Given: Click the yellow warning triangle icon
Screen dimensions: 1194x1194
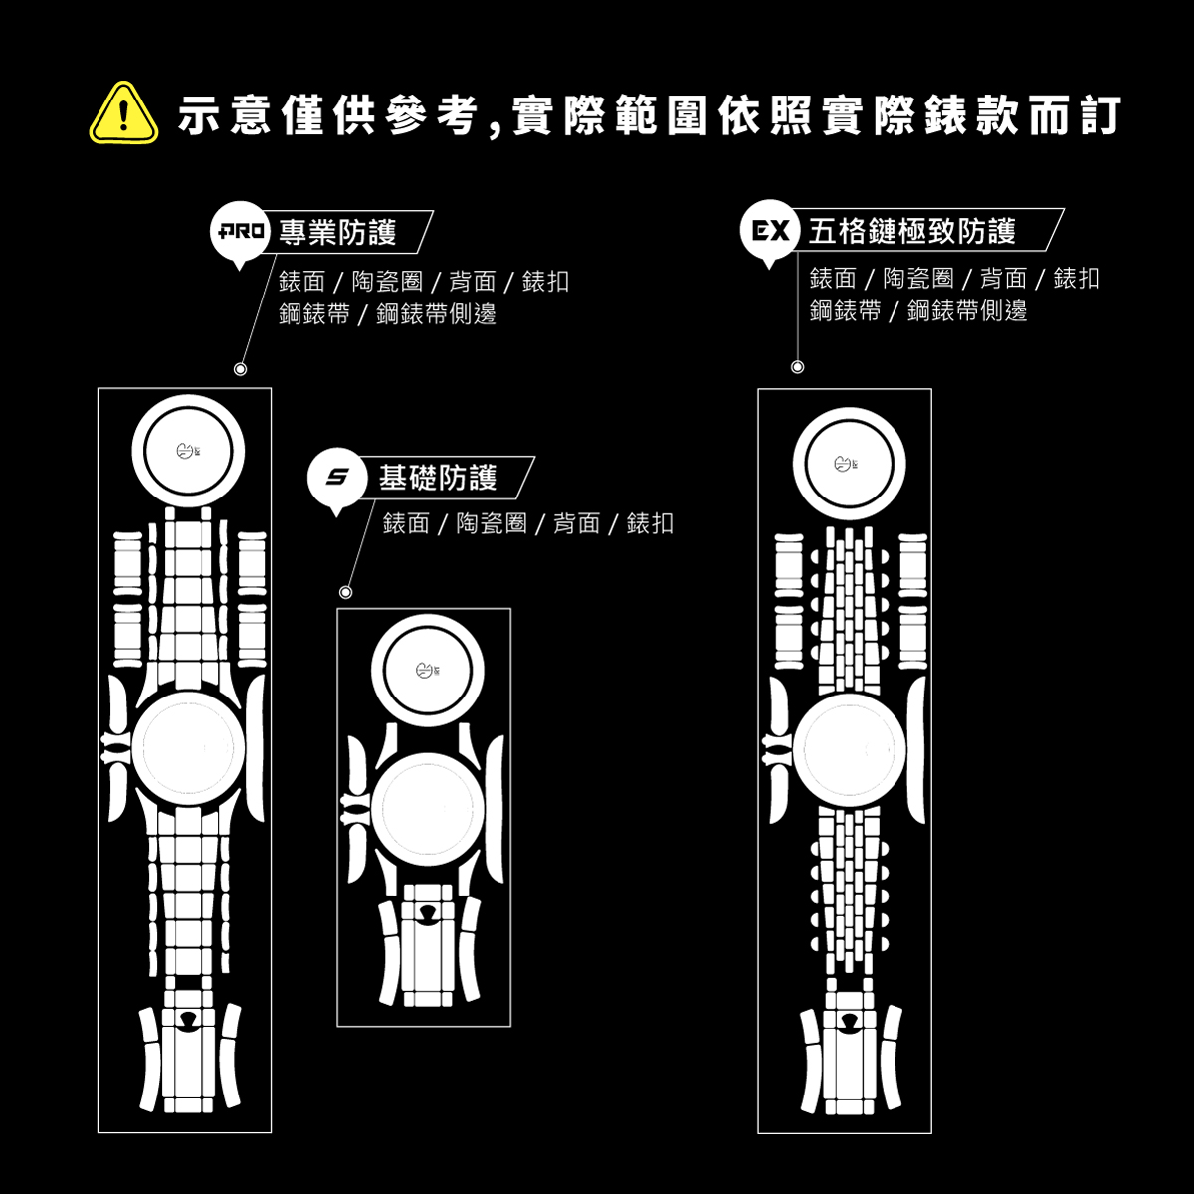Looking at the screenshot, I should point(123,114).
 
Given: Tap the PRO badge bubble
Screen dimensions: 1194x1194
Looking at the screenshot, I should point(240,234).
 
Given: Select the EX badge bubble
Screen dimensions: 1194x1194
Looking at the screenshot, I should point(769,233).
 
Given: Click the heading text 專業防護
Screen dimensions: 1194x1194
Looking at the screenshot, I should point(337,233).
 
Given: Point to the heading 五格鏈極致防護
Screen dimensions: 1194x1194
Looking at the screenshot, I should point(911,232).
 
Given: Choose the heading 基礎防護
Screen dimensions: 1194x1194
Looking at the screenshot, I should point(437,478).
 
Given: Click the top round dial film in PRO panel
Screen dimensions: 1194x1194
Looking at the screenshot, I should point(188,451).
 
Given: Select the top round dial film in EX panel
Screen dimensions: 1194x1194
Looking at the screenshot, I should point(849,464).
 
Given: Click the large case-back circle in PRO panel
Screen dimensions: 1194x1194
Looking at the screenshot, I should point(188,747).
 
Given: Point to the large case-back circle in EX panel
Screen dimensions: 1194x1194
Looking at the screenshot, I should point(849,747).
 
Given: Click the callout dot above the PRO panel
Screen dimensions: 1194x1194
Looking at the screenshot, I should point(240,369).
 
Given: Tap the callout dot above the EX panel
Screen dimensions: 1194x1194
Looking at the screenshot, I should point(797,367).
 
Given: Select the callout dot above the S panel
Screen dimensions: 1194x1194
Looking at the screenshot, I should point(345,592).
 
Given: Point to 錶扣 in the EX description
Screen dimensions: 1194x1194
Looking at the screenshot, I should point(1076,279).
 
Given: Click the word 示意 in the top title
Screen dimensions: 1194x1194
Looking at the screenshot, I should point(219,116).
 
